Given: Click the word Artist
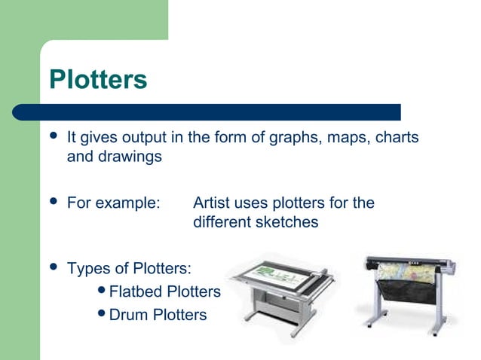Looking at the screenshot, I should click(x=212, y=203).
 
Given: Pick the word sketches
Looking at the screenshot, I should click(x=290, y=223).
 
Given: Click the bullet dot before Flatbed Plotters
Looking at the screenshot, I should click(x=103, y=291).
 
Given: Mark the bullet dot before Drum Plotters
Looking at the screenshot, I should click(x=103, y=315).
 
